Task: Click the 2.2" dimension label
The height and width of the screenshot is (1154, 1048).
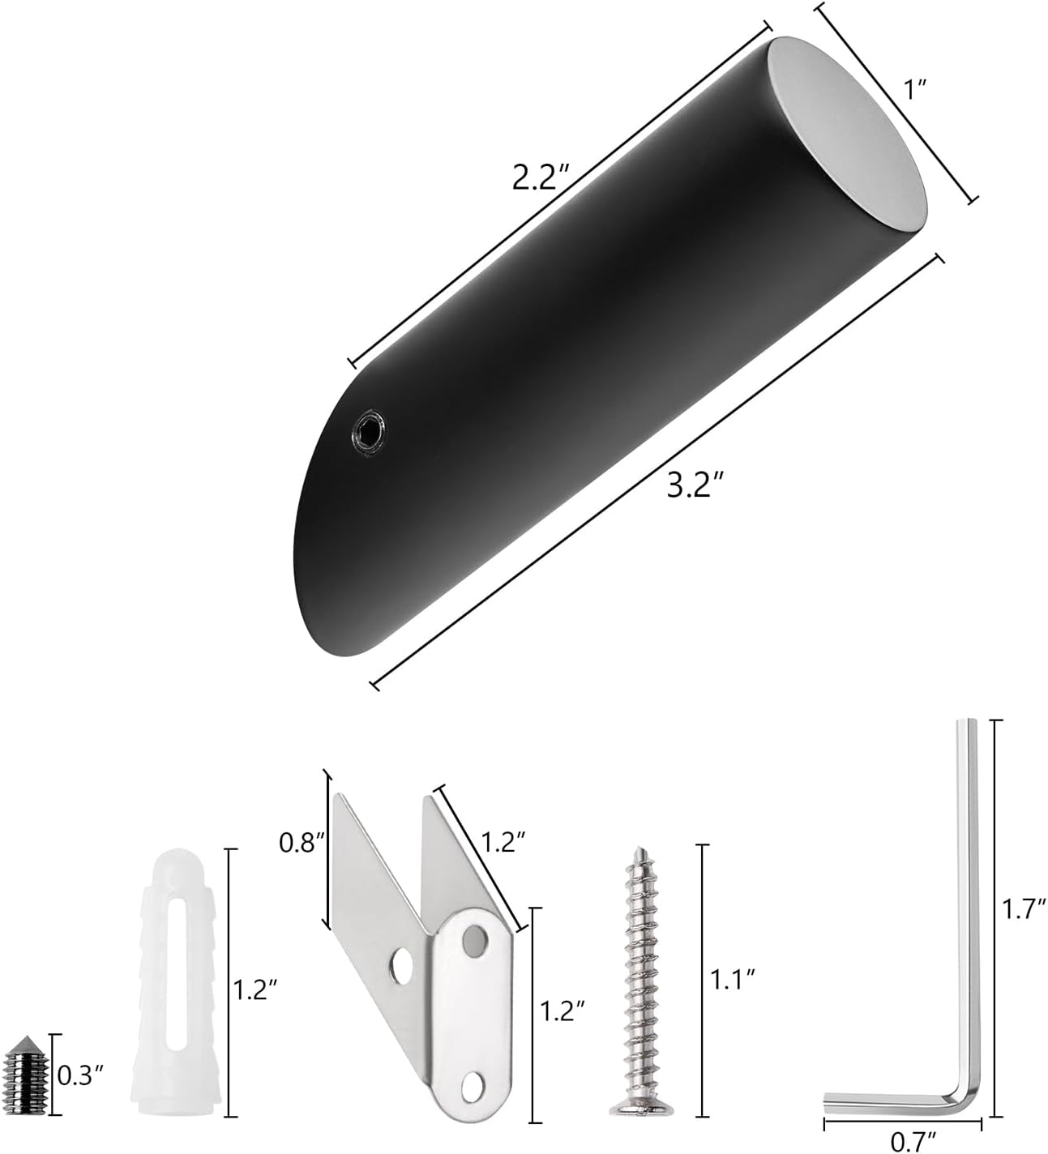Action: [x=541, y=177]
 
